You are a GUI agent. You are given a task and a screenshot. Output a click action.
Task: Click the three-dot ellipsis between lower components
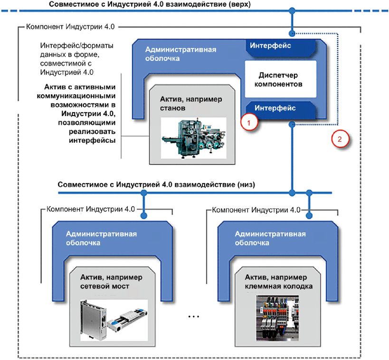click(x=193, y=316)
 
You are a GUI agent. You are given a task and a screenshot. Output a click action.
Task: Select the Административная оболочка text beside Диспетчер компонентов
click(x=180, y=54)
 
